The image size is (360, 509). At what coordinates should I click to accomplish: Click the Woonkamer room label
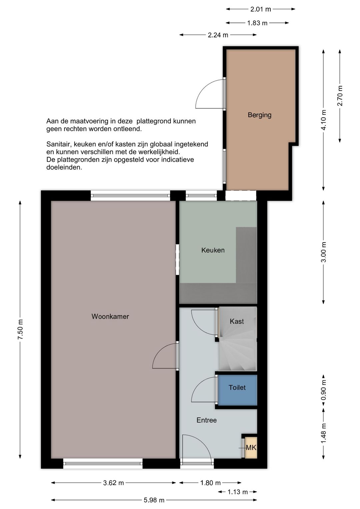point(110,317)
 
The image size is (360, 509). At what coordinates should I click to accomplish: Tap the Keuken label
point(213,250)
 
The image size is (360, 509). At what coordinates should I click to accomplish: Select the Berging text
point(259,115)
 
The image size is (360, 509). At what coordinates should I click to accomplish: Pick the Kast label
point(237,321)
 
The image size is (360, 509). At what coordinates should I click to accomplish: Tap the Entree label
point(206,420)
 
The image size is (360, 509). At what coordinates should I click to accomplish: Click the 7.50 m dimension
point(20,330)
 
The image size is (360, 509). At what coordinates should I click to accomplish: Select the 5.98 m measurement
point(154,500)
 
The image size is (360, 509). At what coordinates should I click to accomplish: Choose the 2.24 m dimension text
point(218,35)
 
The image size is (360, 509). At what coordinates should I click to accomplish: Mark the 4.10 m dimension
point(324,120)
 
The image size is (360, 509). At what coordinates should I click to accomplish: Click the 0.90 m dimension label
point(324,390)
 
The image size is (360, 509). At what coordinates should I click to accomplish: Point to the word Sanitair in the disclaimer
point(59,144)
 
